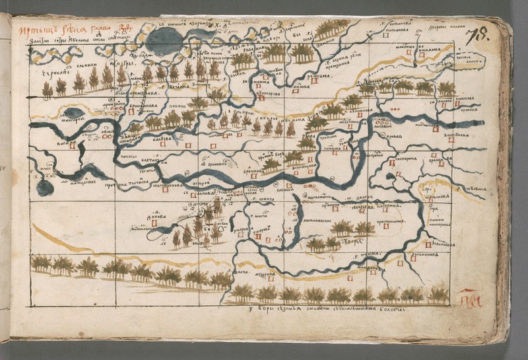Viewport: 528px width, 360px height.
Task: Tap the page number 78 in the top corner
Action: (477, 36)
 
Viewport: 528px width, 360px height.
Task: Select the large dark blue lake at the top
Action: (163, 41)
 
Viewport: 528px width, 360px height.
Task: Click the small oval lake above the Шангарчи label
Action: (73, 113)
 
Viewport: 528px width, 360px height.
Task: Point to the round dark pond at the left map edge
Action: (44, 188)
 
